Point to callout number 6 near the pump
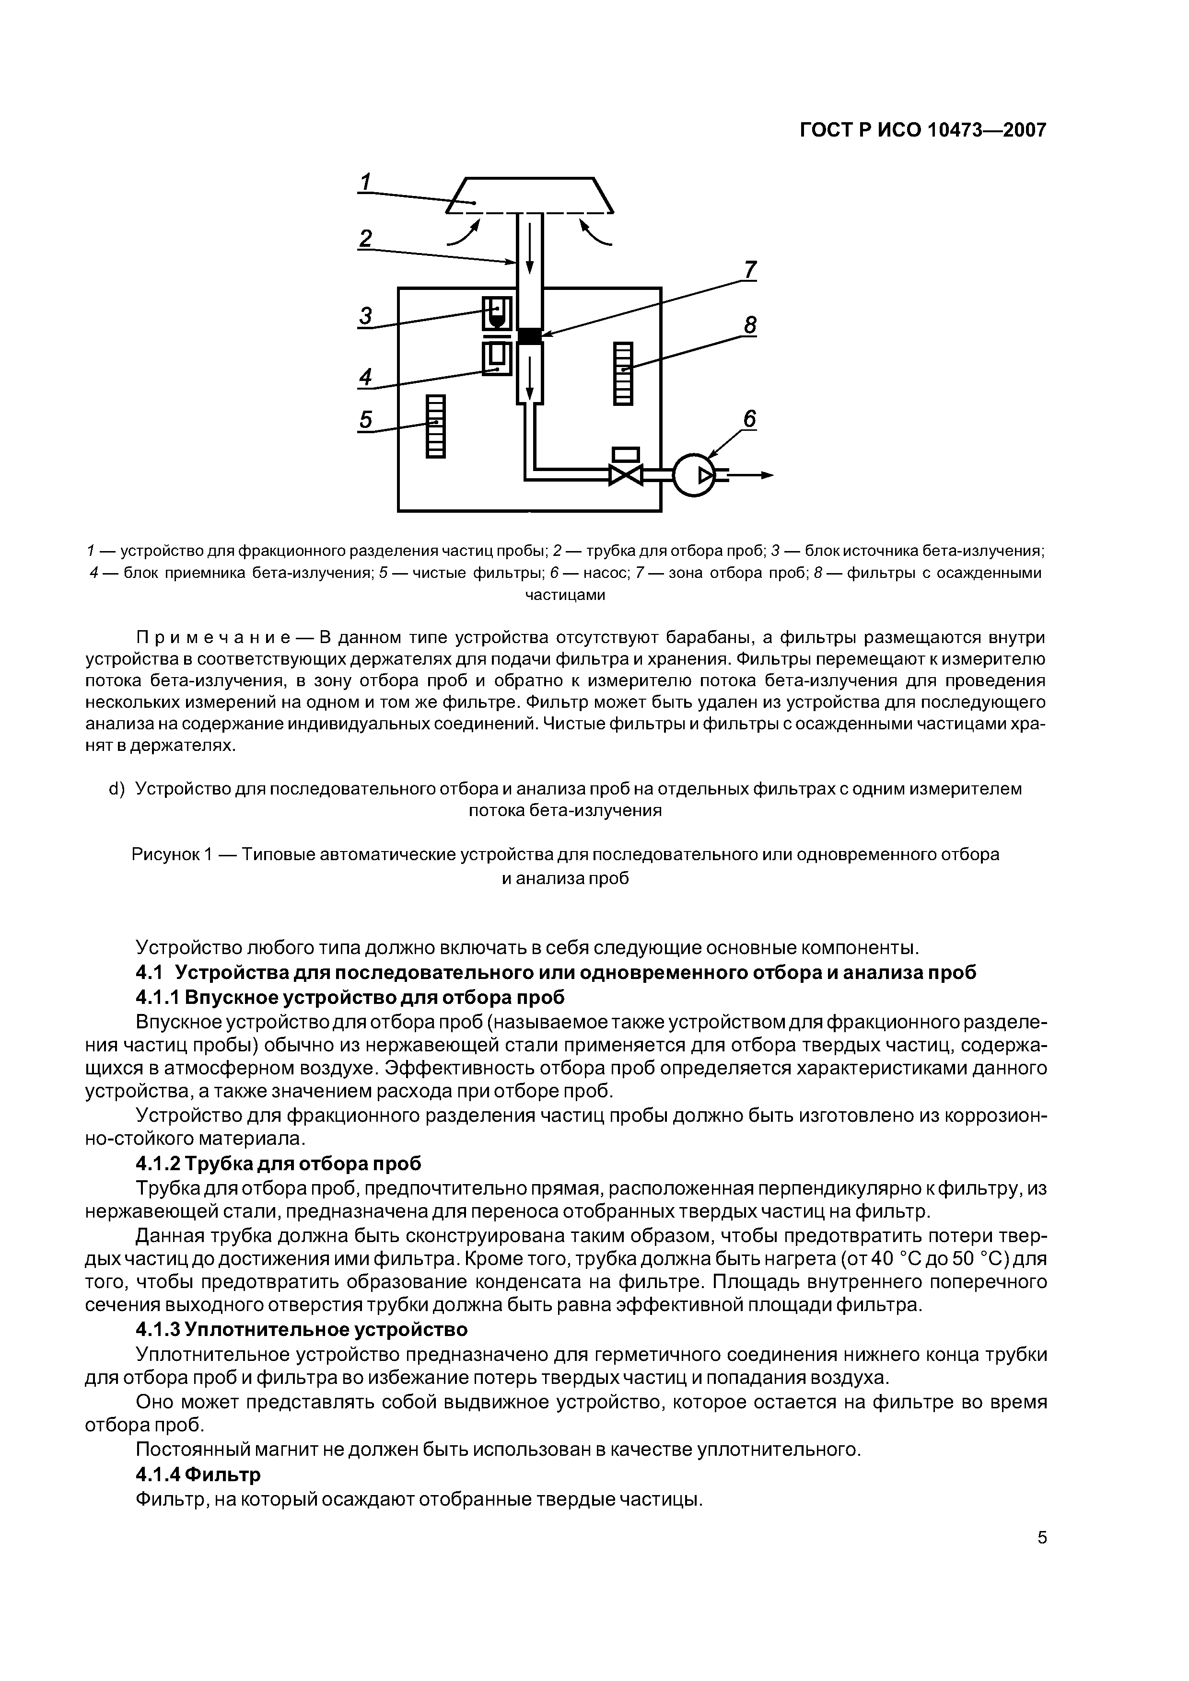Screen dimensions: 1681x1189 [x=749, y=419]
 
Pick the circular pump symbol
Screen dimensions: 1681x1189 [x=693, y=476]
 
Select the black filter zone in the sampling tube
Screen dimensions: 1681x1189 [x=529, y=336]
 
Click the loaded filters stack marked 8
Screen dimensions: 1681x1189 [x=623, y=373]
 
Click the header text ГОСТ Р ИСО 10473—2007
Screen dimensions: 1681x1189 [x=922, y=130]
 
